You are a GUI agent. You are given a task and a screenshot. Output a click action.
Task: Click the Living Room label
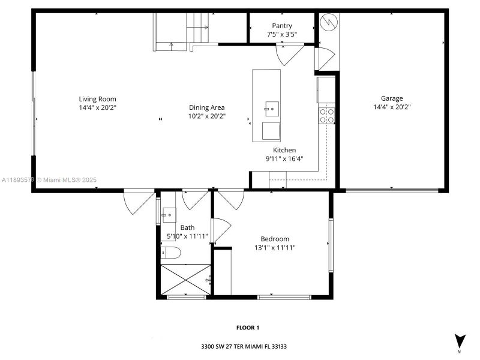coord(97,99)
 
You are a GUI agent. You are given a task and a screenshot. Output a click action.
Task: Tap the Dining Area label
coord(206,108)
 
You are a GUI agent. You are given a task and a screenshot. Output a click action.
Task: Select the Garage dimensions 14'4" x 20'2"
coord(392,107)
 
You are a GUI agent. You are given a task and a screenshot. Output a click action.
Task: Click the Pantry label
coord(282,26)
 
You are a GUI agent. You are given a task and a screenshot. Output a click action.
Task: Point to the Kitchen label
coord(284,150)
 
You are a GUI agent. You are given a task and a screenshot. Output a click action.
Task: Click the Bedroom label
coord(275,238)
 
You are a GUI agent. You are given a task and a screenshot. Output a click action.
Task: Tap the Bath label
coord(188,227)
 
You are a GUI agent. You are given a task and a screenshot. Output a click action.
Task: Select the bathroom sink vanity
coord(169,213)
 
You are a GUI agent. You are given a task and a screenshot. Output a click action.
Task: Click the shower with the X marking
coord(185,280)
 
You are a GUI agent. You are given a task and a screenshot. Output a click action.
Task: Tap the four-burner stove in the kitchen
coord(326,115)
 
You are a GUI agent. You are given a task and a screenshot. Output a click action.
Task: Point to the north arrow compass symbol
coord(460,341)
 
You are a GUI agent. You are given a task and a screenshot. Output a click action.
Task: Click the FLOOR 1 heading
coord(247,328)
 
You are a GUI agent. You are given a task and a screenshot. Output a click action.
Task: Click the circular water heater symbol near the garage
coord(329,23)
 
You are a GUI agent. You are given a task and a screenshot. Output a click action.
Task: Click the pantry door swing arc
coord(289,55)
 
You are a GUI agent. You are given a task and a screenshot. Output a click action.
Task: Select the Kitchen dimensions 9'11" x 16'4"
coord(284,159)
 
